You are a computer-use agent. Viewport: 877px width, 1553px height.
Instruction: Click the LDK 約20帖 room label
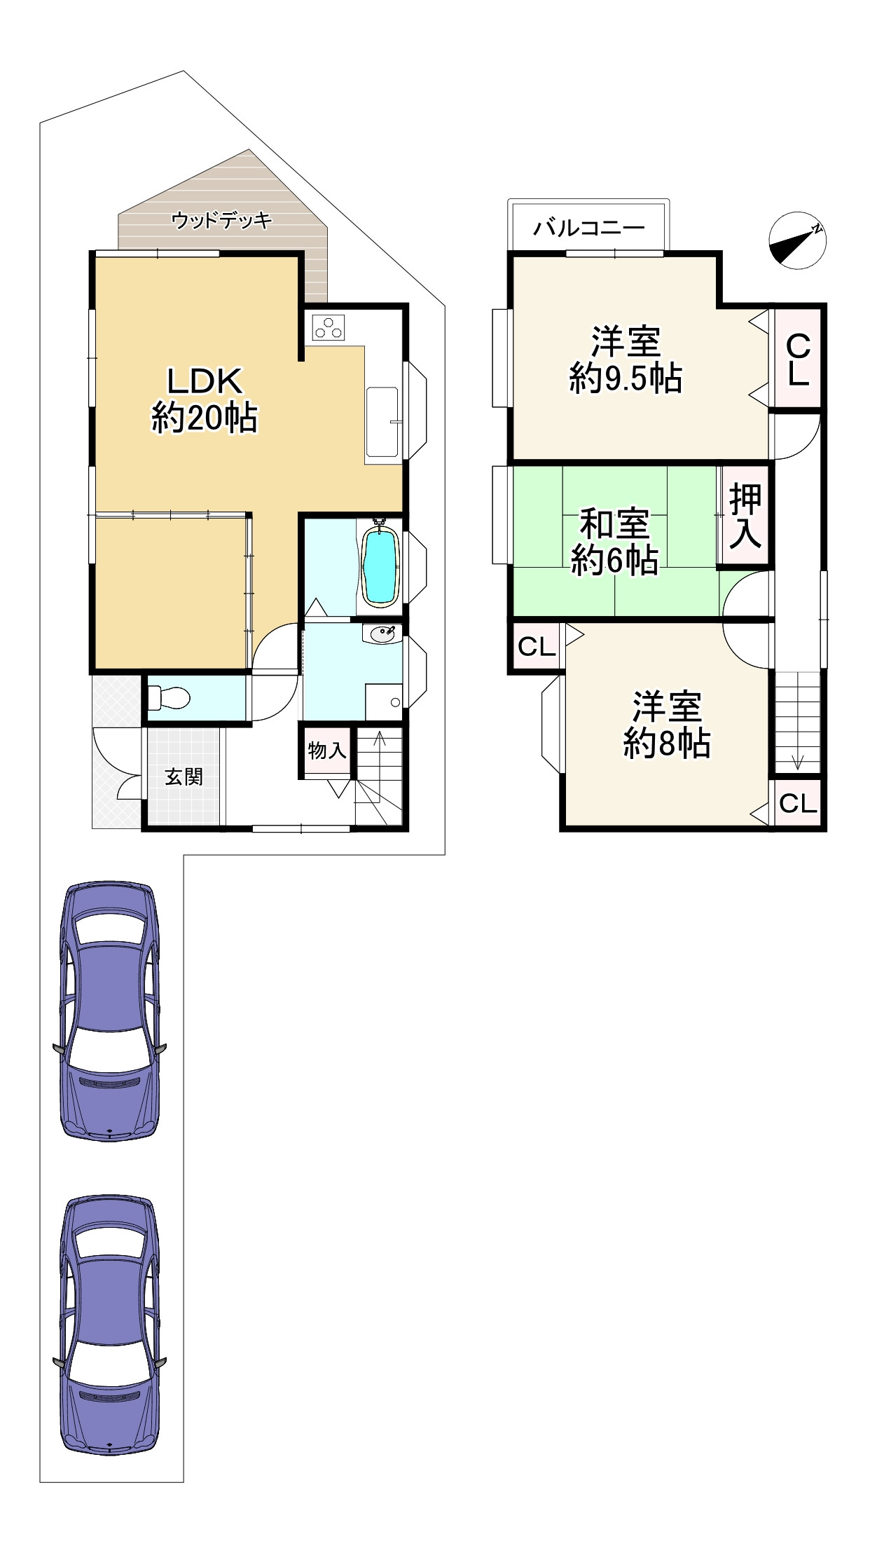(205, 400)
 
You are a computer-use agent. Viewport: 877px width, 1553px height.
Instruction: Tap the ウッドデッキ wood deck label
(221, 221)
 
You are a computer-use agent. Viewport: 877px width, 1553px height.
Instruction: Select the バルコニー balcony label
(589, 228)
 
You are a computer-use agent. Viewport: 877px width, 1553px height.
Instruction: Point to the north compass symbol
(798, 240)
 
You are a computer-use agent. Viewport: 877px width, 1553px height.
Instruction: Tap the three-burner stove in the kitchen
(329, 327)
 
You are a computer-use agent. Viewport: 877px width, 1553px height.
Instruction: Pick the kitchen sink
(382, 423)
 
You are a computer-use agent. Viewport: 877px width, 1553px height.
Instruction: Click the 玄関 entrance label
(184, 776)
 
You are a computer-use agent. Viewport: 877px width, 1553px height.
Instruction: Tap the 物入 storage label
(327, 751)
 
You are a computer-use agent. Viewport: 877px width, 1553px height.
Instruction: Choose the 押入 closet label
(745, 516)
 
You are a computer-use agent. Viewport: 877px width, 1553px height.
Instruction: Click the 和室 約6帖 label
(614, 542)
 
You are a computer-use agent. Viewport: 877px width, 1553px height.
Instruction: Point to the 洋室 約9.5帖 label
(626, 360)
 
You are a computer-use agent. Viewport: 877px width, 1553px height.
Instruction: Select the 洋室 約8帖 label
(667, 725)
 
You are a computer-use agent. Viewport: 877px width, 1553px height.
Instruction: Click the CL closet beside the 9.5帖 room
(798, 360)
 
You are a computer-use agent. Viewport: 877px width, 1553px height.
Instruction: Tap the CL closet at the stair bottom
(798, 803)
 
